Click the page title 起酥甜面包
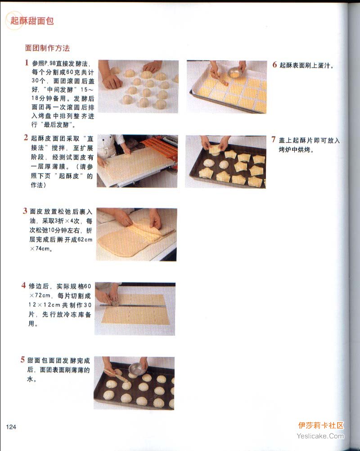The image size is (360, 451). tap(32, 21)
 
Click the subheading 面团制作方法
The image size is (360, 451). tap(47, 48)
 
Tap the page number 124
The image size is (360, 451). tap(11, 427)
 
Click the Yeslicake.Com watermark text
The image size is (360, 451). tap(320, 436)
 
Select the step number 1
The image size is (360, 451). tap(27, 63)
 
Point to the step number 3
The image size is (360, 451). tap(25, 211)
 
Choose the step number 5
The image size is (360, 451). tap(22, 360)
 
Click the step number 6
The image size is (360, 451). tap(274, 65)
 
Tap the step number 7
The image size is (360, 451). tap(274, 140)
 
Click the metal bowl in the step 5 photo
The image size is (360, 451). tap(137, 369)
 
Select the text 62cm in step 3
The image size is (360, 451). tap(85, 239)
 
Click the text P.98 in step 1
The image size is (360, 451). tap(50, 63)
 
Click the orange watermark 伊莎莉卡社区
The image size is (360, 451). tap(321, 425)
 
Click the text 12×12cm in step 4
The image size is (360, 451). tap(44, 305)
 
